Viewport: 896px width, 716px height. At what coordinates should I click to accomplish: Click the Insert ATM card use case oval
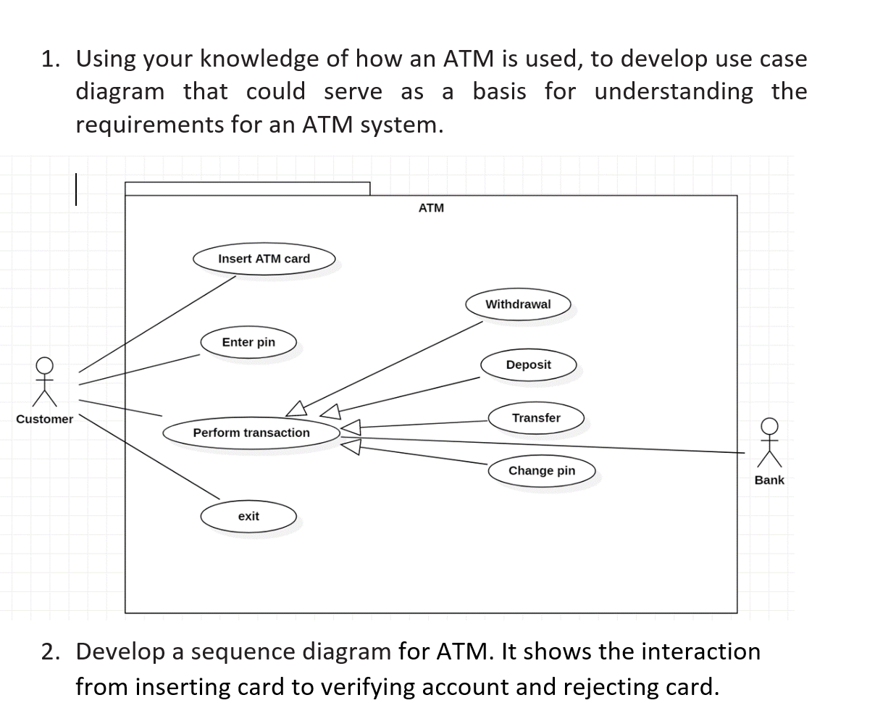264,259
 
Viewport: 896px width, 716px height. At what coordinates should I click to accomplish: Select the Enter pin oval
248,342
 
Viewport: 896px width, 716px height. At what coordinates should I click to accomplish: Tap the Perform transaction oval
251,433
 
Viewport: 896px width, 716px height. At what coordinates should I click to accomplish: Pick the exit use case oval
248,516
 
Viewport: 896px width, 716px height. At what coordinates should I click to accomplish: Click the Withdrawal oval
517,304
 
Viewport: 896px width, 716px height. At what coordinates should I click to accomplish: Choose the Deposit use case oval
528,365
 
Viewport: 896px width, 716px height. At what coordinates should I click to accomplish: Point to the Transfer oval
536,418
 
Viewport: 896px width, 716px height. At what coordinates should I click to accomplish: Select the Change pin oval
541,470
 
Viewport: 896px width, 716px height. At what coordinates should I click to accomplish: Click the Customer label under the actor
44,419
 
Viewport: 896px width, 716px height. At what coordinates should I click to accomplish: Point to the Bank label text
769,480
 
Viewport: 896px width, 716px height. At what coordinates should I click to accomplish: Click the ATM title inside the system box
431,208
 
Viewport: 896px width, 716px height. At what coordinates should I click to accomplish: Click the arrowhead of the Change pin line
351,448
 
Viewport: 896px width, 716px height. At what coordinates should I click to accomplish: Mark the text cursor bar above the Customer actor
75,188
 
